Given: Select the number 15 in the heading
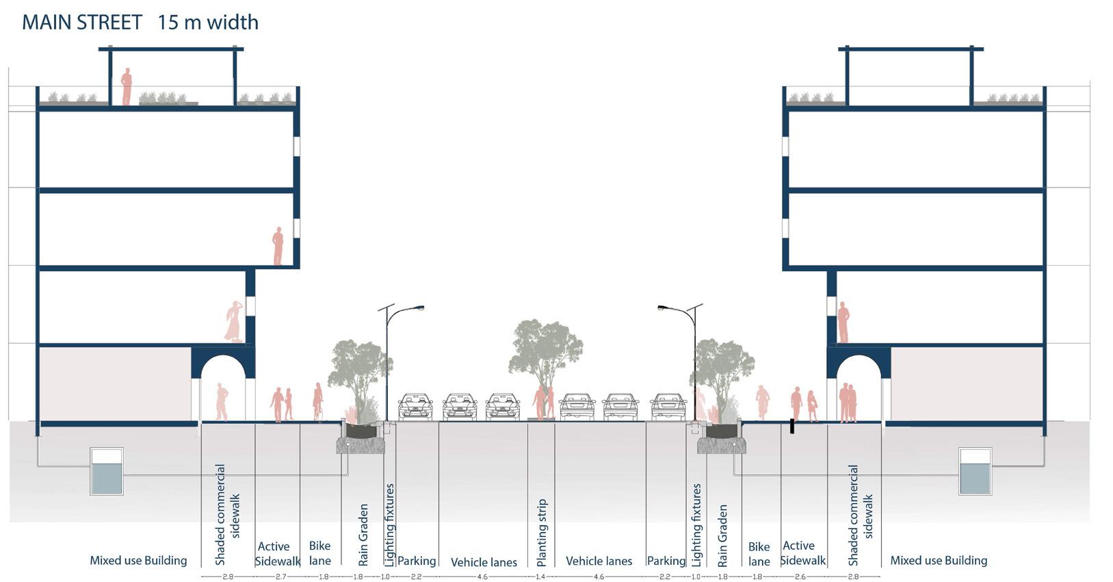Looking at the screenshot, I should coord(167,23).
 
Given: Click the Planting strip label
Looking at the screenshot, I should coord(542,532).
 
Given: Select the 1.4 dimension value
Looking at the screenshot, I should coord(540,577).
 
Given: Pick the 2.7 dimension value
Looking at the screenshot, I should coord(280,577).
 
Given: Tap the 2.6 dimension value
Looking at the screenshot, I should coord(800,577).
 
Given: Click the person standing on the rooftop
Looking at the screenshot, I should coord(127,86).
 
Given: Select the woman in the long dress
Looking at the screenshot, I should coord(235,321).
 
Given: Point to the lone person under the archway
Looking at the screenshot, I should coord(222,402).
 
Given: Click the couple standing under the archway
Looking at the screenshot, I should coord(848,403).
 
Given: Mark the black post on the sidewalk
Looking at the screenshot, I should coord(792,426).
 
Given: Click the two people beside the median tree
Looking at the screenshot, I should coord(545,402).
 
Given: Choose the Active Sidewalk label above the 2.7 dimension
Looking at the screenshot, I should coord(277,553).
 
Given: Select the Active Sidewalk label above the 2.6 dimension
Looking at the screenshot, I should coord(802,553).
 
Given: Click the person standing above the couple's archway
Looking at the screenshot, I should coord(843,322).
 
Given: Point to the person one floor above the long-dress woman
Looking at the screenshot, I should coord(278,246).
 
